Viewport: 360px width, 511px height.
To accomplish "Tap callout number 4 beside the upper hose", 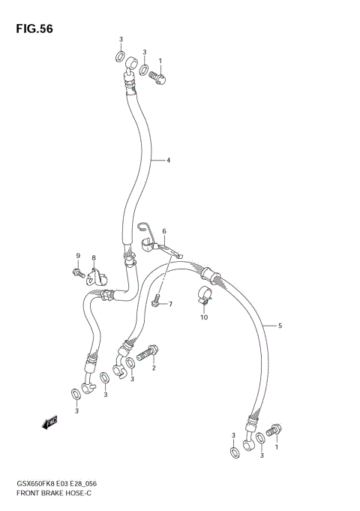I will [x=169, y=161].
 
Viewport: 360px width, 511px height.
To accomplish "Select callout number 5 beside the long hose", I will [x=280, y=326].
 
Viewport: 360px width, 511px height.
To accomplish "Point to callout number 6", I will [x=164, y=231].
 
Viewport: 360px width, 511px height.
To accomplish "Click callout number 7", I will [x=170, y=304].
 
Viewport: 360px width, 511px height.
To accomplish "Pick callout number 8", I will [x=94, y=259].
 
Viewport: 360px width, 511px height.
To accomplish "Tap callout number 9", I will [x=77, y=257].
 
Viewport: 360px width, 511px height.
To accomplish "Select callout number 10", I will [x=203, y=317].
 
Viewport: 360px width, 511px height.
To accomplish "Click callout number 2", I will [x=154, y=368].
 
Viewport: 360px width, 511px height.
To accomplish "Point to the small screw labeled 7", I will [x=156, y=302].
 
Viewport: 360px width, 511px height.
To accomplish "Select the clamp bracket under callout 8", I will [x=95, y=277].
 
